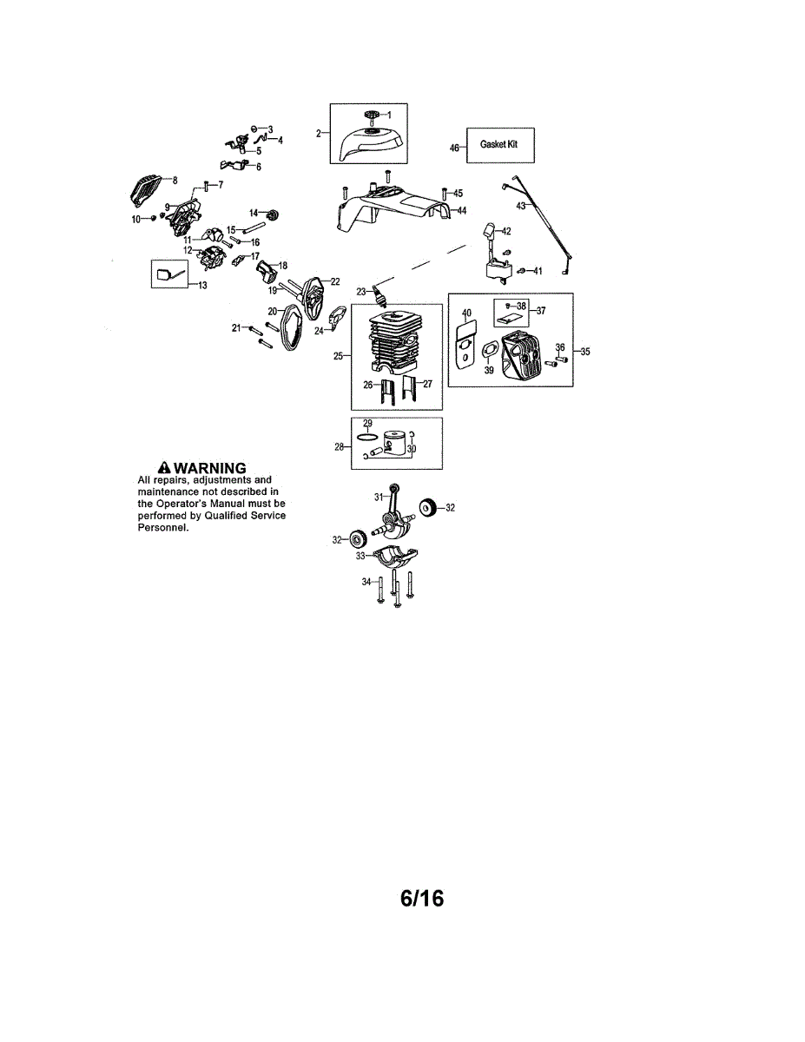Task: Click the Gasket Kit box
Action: coord(499,145)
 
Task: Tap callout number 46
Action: coord(453,148)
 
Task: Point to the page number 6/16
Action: coord(422,898)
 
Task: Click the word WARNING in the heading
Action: coord(210,469)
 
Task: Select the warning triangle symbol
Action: coord(162,469)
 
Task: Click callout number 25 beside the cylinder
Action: coord(339,355)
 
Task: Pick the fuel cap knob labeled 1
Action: coord(372,115)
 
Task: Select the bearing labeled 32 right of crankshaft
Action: coord(427,508)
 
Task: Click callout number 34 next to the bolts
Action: coord(366,583)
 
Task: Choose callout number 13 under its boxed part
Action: coord(203,285)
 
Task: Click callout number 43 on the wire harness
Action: coord(520,206)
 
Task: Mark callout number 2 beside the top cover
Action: coord(319,133)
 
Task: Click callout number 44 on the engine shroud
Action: coord(461,211)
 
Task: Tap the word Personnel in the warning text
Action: coord(162,528)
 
